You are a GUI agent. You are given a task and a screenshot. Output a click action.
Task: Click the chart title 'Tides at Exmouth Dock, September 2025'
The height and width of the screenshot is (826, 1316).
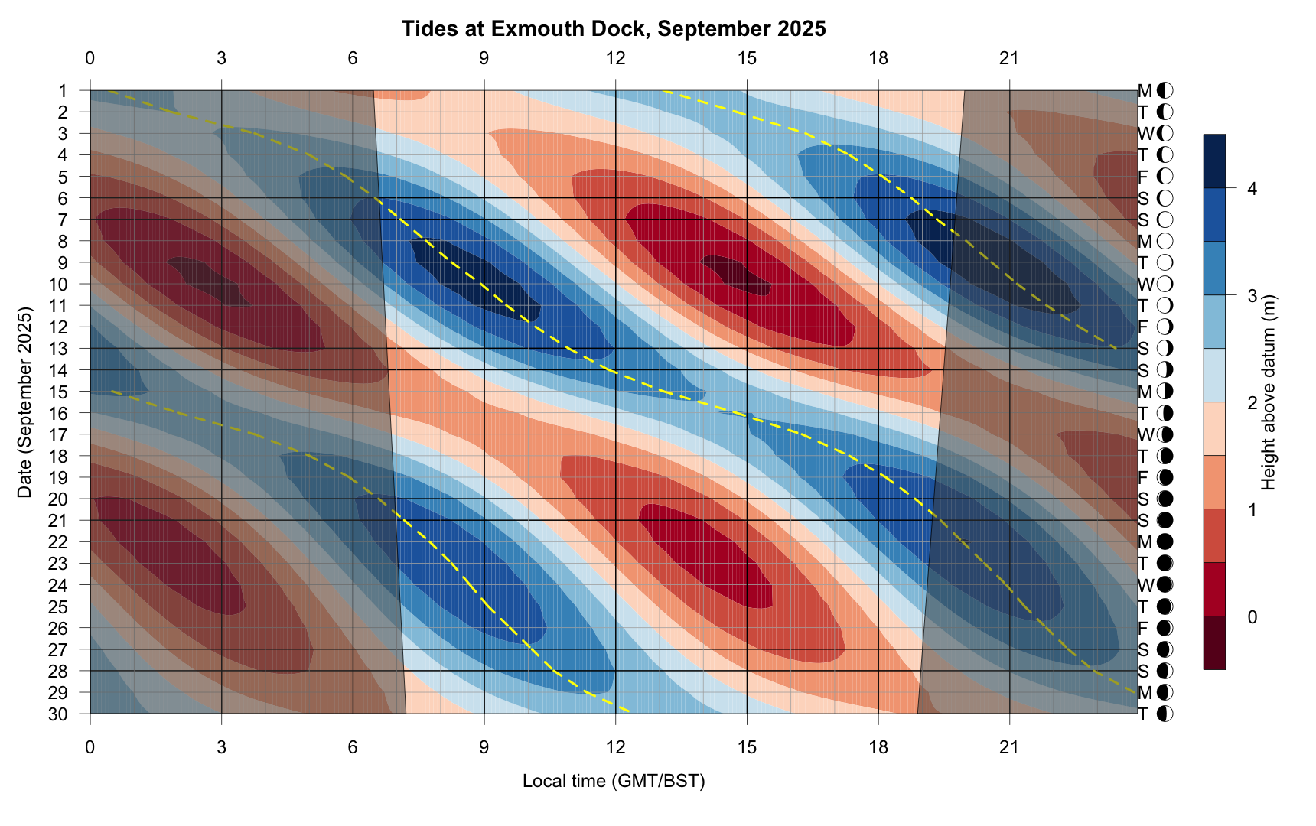pyautogui.click(x=614, y=29)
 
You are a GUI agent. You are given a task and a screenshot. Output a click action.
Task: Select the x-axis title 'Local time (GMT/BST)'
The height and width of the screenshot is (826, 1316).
pyautogui.click(x=614, y=781)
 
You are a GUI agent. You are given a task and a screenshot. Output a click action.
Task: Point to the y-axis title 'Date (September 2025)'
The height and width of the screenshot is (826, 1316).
pyautogui.click(x=25, y=402)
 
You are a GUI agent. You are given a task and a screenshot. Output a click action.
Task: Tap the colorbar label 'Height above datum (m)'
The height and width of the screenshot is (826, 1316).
pyautogui.click(x=1269, y=392)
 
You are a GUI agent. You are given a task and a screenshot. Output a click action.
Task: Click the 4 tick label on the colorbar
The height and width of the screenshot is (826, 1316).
pyautogui.click(x=1252, y=188)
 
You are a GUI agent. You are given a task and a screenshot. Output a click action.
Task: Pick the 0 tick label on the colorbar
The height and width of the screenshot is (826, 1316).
pyautogui.click(x=1252, y=616)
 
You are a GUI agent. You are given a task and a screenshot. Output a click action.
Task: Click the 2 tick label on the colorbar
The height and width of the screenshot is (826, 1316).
pyautogui.click(x=1252, y=402)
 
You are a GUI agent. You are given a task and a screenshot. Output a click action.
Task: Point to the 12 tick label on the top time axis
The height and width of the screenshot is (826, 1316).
pyautogui.click(x=615, y=58)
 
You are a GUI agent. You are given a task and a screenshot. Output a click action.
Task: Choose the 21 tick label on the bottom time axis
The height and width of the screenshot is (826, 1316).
pyautogui.click(x=1010, y=746)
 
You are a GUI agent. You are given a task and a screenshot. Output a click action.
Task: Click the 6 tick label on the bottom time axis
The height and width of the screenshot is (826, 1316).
pyautogui.click(x=353, y=746)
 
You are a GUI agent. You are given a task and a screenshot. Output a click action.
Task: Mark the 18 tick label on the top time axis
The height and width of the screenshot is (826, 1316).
pyautogui.click(x=878, y=58)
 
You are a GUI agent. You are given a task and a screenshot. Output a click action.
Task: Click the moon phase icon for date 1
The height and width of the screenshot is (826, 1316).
pyautogui.click(x=1165, y=91)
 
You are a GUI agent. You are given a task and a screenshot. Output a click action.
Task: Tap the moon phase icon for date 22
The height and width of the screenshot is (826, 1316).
pyautogui.click(x=1165, y=542)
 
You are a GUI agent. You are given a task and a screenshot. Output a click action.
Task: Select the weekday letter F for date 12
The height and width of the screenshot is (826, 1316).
pyautogui.click(x=1144, y=327)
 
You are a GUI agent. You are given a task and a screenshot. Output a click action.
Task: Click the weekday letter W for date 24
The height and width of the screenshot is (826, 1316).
pyautogui.click(x=1145, y=585)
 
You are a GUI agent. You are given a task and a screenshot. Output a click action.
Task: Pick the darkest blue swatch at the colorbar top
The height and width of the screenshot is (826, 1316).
pyautogui.click(x=1214, y=161)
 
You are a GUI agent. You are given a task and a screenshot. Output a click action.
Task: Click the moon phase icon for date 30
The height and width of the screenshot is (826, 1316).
pyautogui.click(x=1165, y=714)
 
